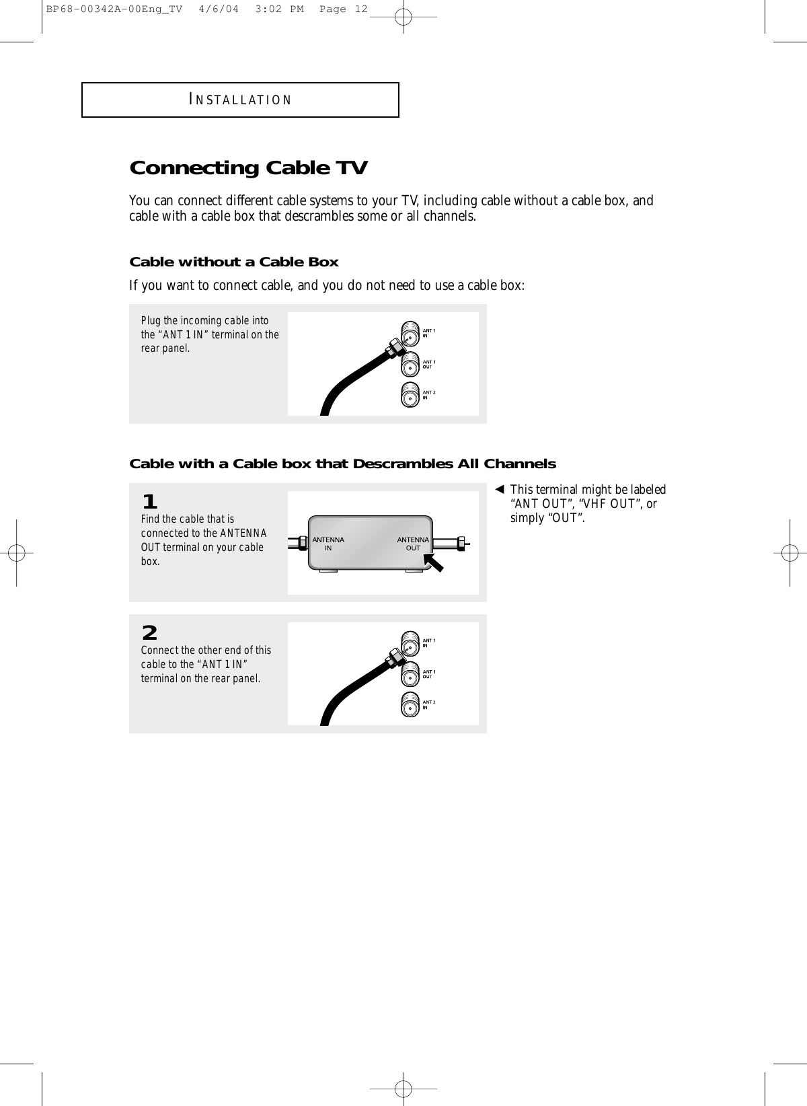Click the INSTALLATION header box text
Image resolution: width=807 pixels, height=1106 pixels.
pos(241,100)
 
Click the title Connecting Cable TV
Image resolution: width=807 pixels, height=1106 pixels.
pos(248,168)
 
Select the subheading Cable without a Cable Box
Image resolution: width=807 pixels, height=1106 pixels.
pos(233,262)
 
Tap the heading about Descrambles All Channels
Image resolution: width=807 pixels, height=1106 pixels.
pos(342,464)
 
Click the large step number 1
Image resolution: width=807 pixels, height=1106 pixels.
pos(149,502)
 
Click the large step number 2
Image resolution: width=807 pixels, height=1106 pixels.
pos(149,633)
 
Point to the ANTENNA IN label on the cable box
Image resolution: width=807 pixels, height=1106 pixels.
pos(328,544)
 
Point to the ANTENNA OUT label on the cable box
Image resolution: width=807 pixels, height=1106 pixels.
pos(412,544)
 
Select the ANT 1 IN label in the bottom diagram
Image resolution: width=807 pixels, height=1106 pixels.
pos(428,642)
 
